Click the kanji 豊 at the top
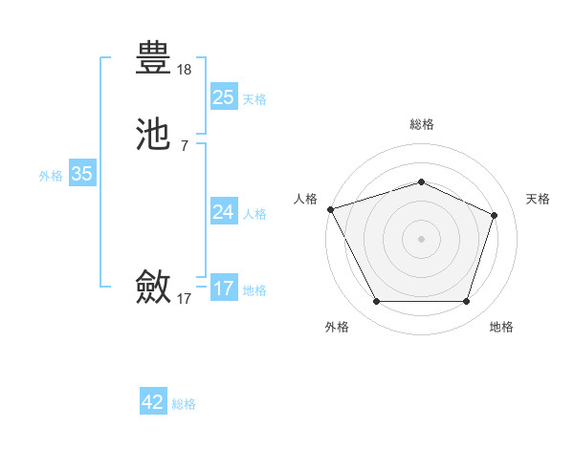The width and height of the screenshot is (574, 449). (154, 58)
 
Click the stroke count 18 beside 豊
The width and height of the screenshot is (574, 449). (185, 70)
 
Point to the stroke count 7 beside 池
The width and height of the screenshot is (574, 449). (185, 144)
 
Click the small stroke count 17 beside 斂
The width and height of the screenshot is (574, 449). (185, 299)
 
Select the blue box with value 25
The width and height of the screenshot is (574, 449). (223, 96)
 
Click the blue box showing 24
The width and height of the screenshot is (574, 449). (223, 211)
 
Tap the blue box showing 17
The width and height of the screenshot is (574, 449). (223, 288)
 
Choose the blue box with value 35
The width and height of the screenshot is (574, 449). (81, 174)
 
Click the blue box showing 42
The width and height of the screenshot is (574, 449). (153, 402)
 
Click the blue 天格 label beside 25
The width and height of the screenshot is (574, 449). (254, 98)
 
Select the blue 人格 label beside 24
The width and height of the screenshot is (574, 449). (254, 213)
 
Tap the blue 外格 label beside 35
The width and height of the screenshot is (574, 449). (51, 176)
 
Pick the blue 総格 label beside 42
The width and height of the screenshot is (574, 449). (184, 404)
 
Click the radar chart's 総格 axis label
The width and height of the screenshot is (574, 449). (421, 124)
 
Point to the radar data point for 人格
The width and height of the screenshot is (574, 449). (330, 208)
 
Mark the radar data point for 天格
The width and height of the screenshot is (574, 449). (495, 215)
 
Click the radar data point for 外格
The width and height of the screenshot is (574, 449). (376, 302)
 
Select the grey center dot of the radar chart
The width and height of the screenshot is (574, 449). (421, 238)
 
